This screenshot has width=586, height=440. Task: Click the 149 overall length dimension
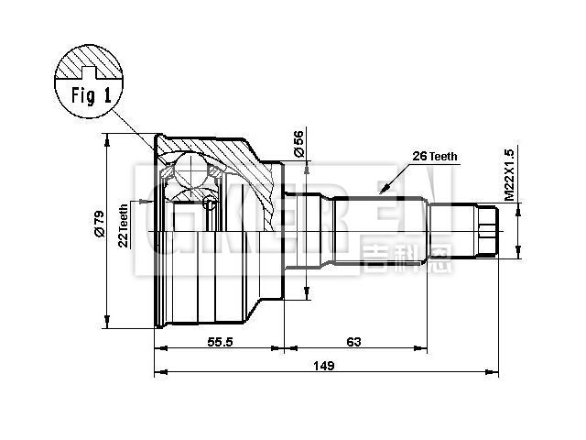[322, 366]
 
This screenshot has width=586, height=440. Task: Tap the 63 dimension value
[353, 341]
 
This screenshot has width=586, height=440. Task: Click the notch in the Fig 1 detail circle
[90, 70]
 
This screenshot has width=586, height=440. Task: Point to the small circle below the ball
[210, 203]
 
